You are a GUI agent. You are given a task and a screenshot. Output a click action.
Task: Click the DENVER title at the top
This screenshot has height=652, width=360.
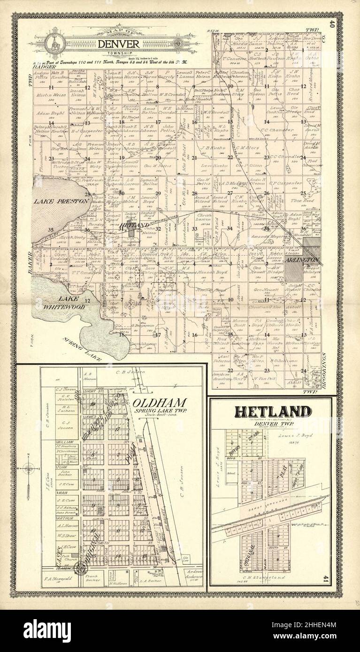pyautogui.click(x=118, y=44)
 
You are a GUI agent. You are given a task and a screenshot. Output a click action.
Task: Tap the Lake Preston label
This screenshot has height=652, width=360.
pyautogui.click(x=61, y=201)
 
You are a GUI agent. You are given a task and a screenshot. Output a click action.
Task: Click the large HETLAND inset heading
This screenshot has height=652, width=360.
pyautogui.click(x=273, y=412)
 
